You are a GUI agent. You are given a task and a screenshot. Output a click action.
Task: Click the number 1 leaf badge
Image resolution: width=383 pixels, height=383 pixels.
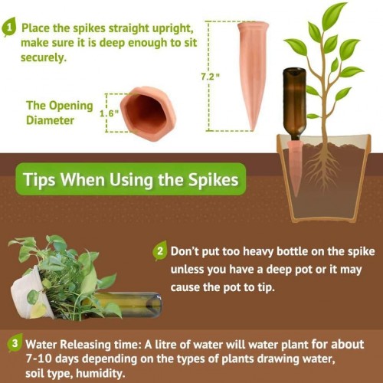click(8, 27)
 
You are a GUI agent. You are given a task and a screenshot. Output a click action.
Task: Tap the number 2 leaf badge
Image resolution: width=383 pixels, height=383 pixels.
click(160, 250)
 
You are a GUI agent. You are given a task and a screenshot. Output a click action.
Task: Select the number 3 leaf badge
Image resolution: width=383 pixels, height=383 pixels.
click(15, 343)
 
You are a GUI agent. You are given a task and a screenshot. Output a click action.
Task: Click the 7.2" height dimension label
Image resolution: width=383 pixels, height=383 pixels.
click(210, 77)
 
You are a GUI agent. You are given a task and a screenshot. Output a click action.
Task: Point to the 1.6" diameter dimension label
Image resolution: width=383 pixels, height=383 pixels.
click(110, 113)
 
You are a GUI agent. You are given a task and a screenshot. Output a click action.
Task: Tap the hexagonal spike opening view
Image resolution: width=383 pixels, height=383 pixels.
click(148, 113)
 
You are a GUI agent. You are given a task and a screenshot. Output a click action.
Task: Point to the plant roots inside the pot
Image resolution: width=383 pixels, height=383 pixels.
click(323, 166)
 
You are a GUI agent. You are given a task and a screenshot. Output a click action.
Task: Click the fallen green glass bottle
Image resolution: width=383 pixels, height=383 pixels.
click(128, 305)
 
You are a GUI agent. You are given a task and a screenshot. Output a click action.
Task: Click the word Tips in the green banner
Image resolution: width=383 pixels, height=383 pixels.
click(39, 179)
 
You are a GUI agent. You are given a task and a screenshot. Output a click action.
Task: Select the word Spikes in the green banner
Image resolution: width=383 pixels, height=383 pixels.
click(214, 179)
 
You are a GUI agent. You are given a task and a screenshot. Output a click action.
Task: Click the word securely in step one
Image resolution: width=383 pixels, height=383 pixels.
click(44, 57)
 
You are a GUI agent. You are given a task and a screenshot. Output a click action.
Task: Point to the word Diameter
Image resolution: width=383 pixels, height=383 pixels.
click(50, 120)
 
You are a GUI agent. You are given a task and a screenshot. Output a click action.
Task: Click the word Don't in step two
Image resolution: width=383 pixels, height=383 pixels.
click(185, 251)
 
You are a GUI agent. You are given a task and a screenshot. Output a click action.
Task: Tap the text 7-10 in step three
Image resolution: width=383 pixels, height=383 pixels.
click(40, 358)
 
